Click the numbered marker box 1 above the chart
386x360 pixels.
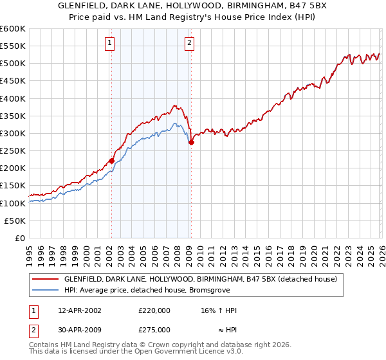[110, 44]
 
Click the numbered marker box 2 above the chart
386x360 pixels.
[190, 44]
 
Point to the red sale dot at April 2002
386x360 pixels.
[111, 161]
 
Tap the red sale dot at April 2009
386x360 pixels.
[191, 143]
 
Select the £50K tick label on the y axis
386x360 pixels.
[15, 221]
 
